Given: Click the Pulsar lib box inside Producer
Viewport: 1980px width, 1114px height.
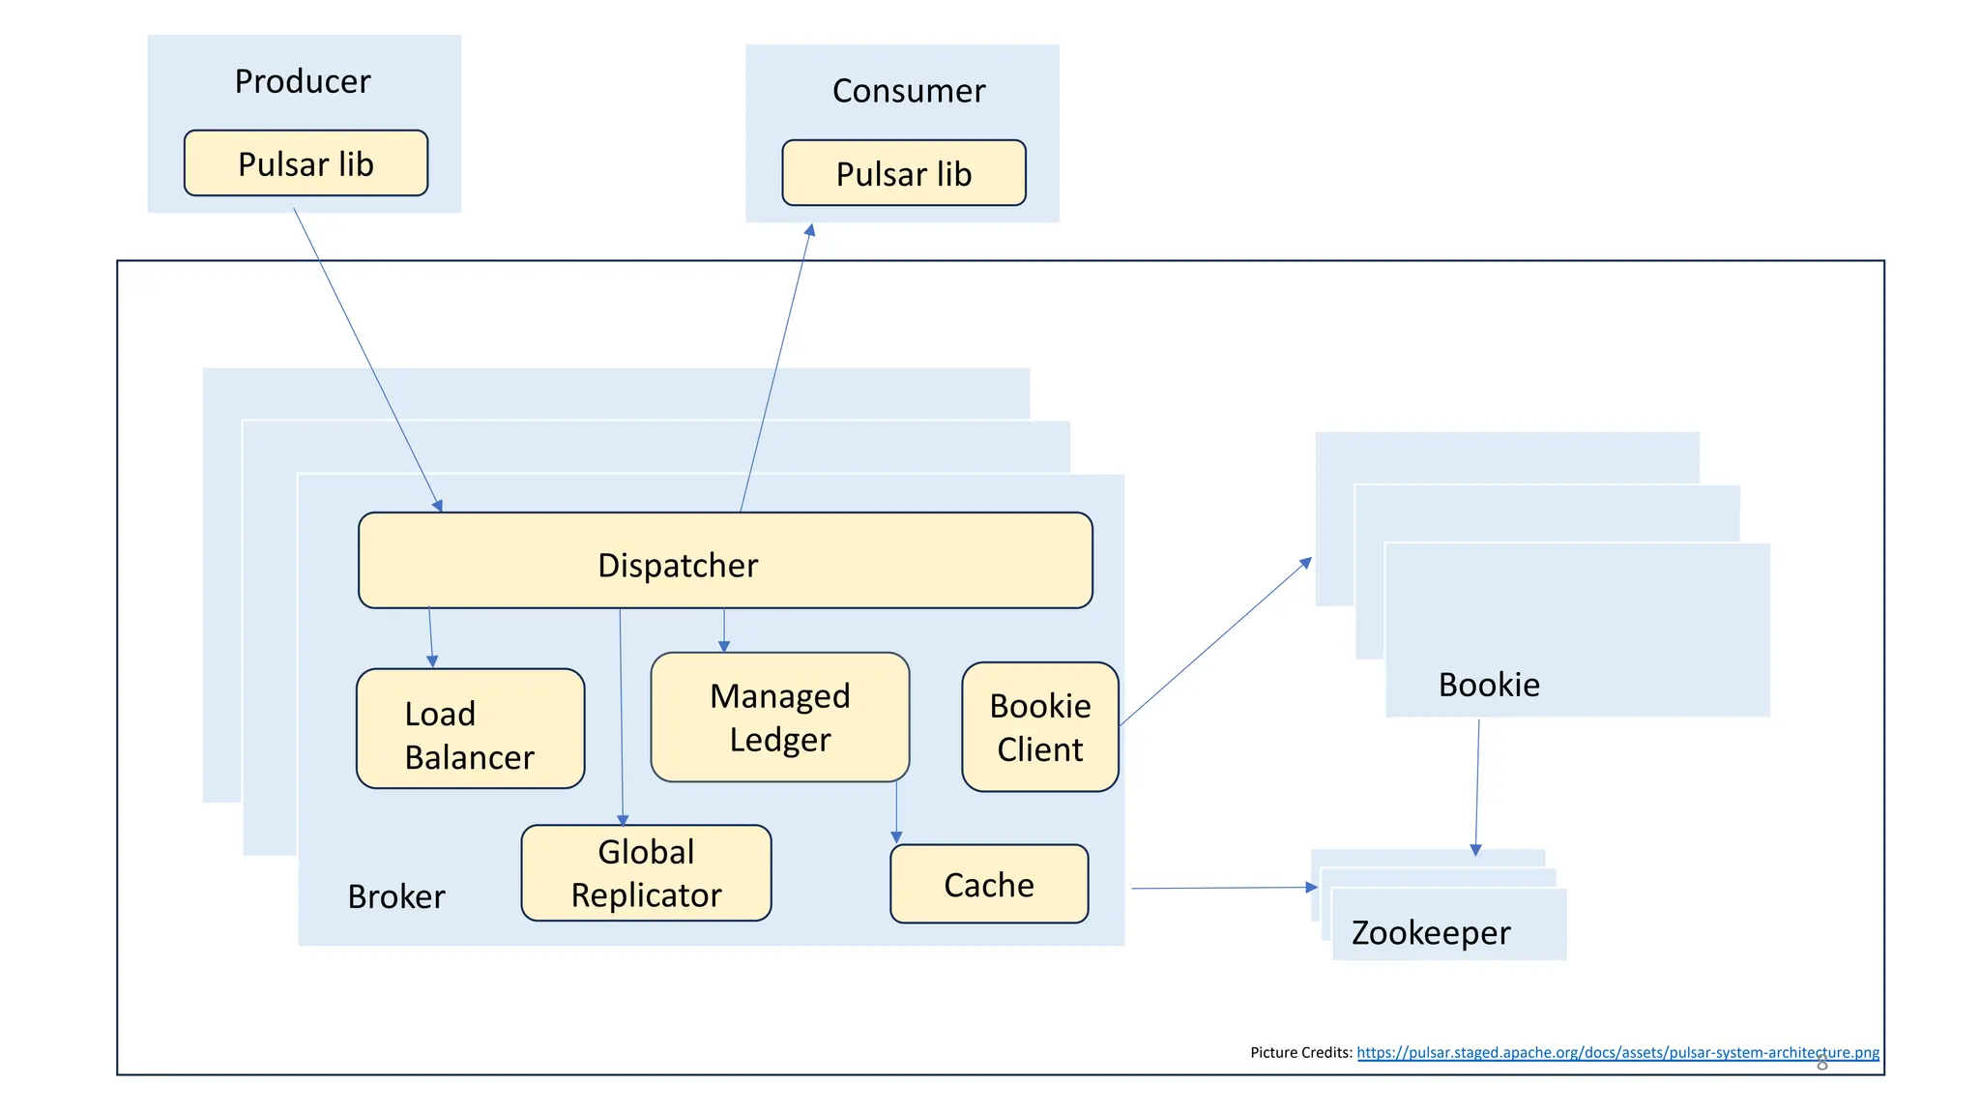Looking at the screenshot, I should pyautogui.click(x=306, y=163).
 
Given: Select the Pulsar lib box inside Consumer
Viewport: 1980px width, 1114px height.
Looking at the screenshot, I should pyautogui.click(x=903, y=173).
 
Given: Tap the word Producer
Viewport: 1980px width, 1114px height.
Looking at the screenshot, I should pyautogui.click(x=303, y=81).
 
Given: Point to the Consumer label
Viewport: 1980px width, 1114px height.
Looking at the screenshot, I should pyautogui.click(x=908, y=91).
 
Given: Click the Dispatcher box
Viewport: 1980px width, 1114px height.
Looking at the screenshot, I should pyautogui.click(x=725, y=561).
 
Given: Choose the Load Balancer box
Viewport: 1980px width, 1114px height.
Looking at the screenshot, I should pyautogui.click(x=470, y=729).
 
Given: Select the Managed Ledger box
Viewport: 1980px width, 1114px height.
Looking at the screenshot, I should pyautogui.click(x=779, y=718).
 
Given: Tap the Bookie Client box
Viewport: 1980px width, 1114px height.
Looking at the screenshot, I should pyautogui.click(x=1039, y=727).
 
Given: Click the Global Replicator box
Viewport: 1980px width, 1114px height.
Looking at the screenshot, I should pyautogui.click(x=646, y=873).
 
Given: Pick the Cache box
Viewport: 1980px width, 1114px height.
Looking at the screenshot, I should pyautogui.click(x=988, y=884).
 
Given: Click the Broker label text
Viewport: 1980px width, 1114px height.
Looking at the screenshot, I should pyautogui.click(x=396, y=896).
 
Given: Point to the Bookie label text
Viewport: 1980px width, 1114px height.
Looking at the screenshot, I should pyautogui.click(x=1488, y=685).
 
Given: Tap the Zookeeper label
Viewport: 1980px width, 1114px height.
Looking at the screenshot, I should pyautogui.click(x=1430, y=932).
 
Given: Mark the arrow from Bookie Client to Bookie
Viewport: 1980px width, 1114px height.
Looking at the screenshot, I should pyautogui.click(x=1215, y=642).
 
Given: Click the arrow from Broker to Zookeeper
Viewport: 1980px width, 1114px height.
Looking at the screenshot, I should pyautogui.click(x=1222, y=888).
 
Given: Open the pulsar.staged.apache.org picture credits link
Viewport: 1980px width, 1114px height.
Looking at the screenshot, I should pyautogui.click(x=1616, y=1052).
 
